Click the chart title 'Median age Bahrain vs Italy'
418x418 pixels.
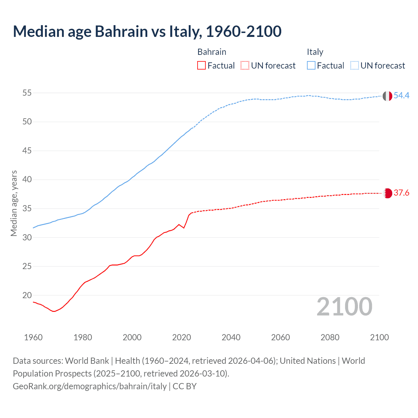click(147, 32)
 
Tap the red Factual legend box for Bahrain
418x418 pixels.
click(201, 65)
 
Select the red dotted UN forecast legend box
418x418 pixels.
click(245, 65)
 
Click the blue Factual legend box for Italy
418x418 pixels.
click(311, 65)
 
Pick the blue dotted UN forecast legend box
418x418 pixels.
click(354, 65)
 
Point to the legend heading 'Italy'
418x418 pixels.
click(315, 52)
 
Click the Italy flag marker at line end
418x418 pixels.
click(387, 96)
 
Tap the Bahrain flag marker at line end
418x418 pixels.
click(387, 193)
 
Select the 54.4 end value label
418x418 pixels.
click(401, 95)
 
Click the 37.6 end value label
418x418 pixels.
click(401, 193)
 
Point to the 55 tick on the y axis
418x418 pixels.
click(27, 93)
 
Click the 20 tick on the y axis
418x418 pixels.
click(27, 295)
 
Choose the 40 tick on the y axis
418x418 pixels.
click(27, 180)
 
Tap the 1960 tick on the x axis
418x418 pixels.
click(33, 337)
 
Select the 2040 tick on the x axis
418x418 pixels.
click(231, 337)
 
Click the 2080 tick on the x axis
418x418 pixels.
click(330, 337)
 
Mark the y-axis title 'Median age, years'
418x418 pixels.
click(14, 203)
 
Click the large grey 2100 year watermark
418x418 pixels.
click(344, 306)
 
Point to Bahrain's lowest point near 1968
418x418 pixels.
click(54, 311)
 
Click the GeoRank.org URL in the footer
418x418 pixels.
click(90, 386)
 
